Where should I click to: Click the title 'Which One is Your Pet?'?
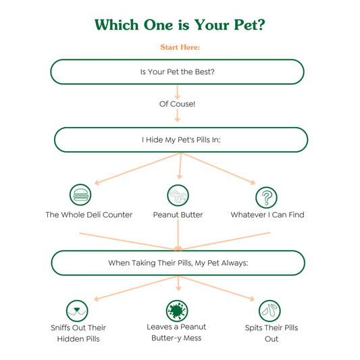[x=180, y=25]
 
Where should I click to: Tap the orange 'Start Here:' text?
[x=180, y=47]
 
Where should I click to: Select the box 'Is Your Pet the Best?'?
[x=177, y=72]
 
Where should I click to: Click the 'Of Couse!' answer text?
[x=177, y=104]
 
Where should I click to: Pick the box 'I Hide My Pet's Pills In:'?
[x=181, y=140]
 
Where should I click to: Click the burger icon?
[x=80, y=195]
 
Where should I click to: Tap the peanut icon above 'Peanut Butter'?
[x=178, y=195]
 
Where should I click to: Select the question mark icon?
[x=266, y=197]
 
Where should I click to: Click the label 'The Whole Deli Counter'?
[x=89, y=215]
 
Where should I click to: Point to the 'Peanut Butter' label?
[x=178, y=215]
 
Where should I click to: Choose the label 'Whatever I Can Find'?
[x=267, y=215]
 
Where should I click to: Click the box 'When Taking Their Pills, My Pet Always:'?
[x=178, y=263]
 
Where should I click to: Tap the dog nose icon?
[x=77, y=311]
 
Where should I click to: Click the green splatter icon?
[x=177, y=311]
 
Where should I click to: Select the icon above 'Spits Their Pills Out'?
[x=269, y=311]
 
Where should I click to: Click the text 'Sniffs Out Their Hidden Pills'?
[x=78, y=333]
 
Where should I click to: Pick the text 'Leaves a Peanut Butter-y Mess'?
[x=176, y=332]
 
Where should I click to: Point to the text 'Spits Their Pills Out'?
[x=272, y=333]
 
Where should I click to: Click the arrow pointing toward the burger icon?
[x=138, y=169]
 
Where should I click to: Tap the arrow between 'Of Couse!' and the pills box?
[x=177, y=115]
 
